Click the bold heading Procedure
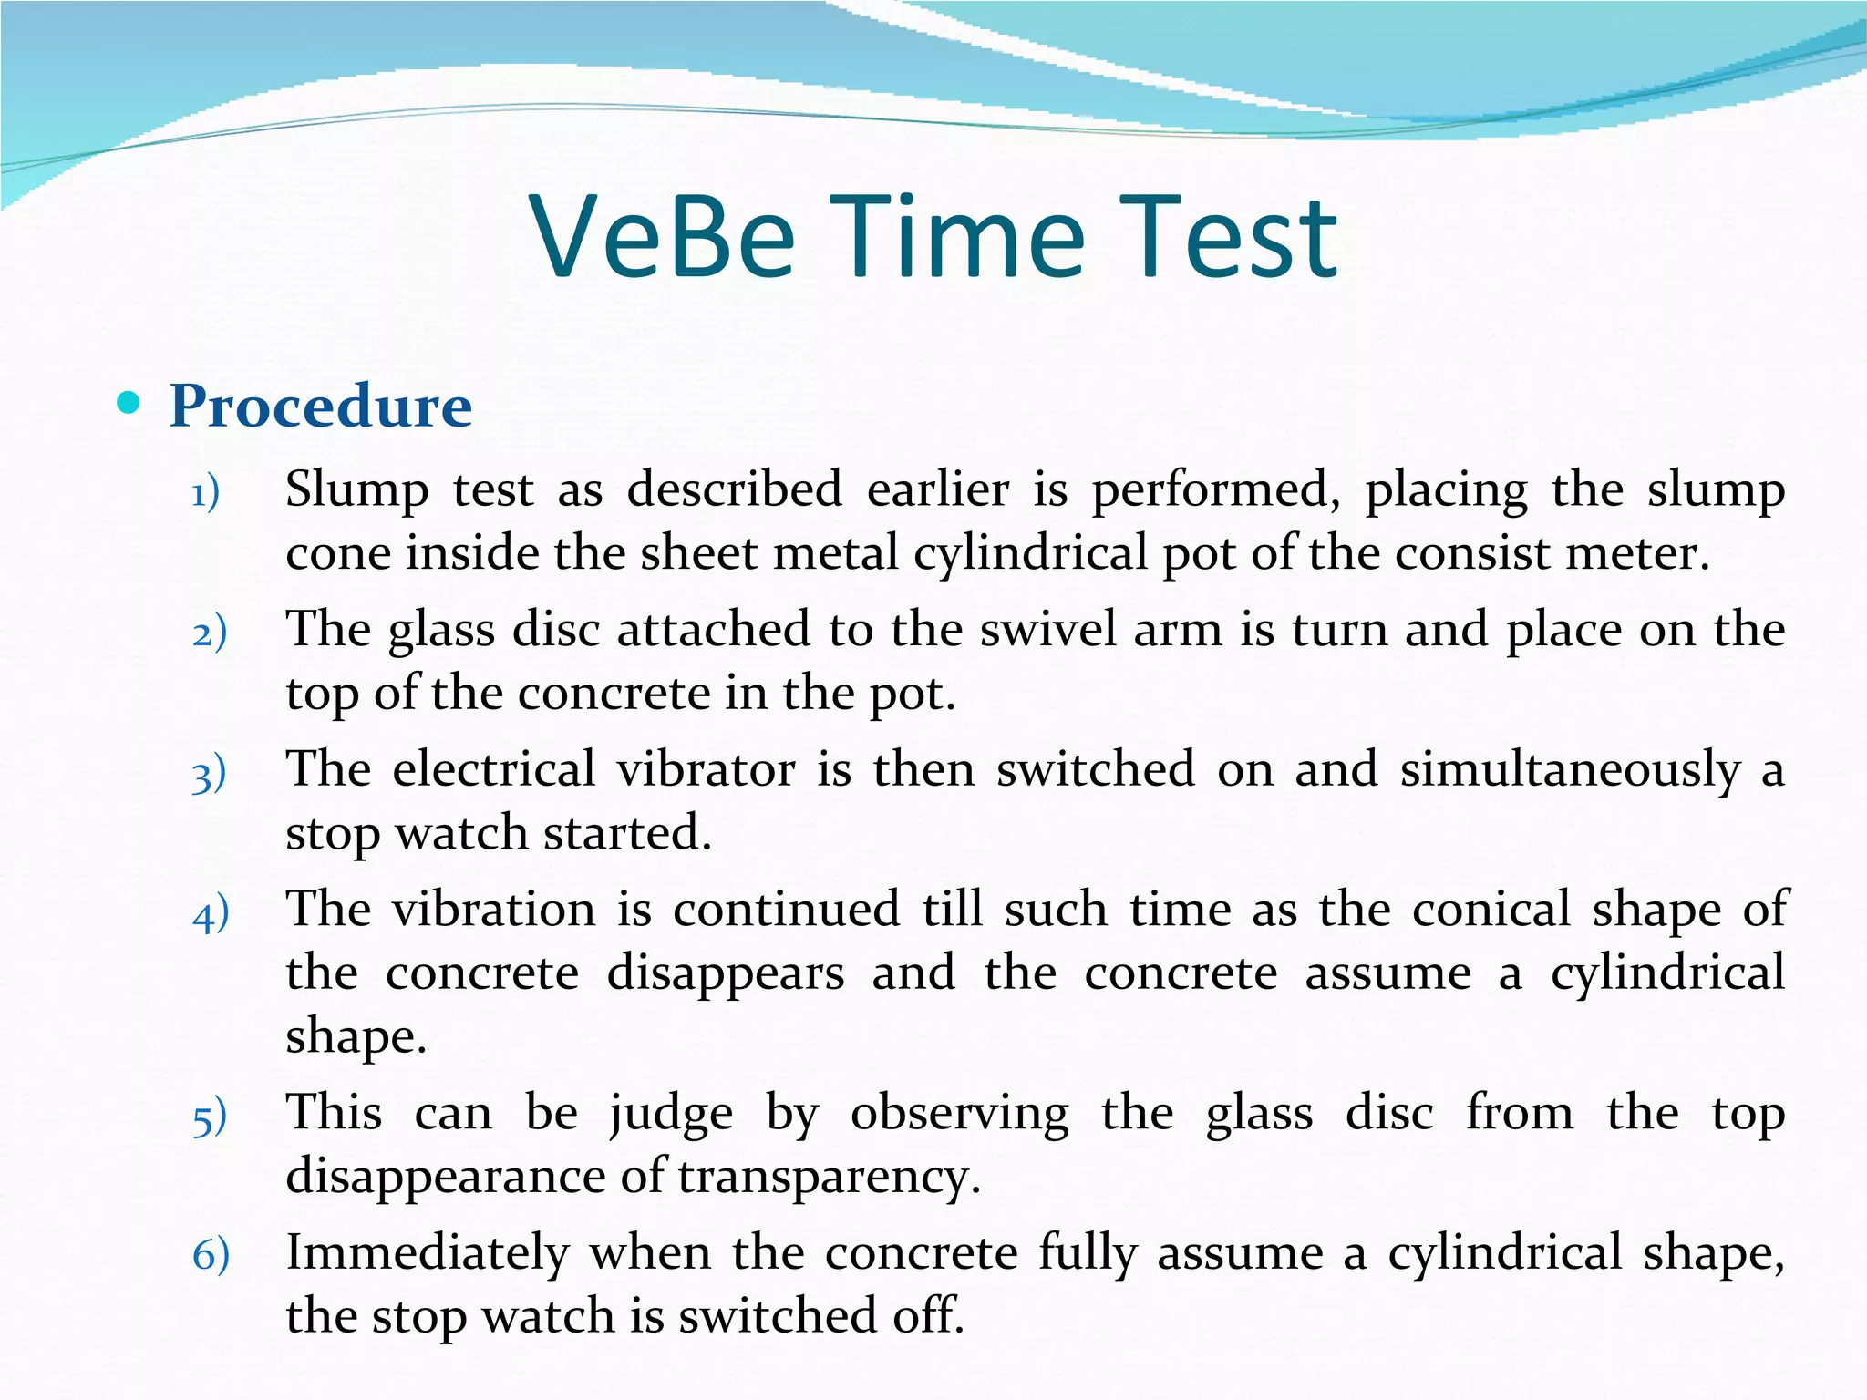coord(321,406)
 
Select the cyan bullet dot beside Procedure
coord(129,402)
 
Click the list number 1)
coord(206,493)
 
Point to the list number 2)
coord(210,633)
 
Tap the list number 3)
coord(209,774)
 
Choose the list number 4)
coord(211,914)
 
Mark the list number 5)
coord(210,1117)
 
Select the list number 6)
coord(211,1256)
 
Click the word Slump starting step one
coord(356,490)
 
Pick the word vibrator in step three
coord(706,769)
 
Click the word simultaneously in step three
coord(1570,771)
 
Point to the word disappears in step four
coord(726,973)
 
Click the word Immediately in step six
coord(428,1253)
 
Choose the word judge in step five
coord(671,1114)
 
